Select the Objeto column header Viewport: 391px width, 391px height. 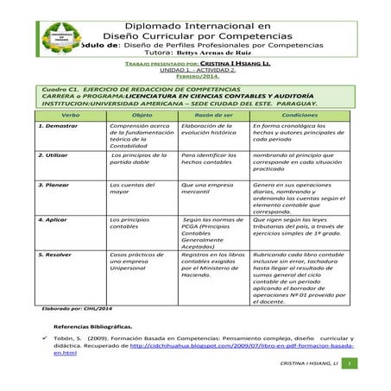click(141, 114)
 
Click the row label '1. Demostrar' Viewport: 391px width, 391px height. click(56, 126)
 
